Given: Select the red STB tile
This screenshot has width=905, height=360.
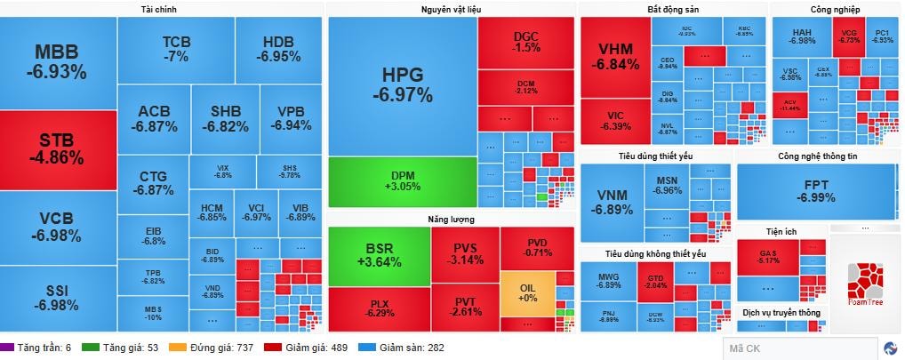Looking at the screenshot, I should [59, 148].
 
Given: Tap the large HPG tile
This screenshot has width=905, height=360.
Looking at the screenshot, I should [402, 84].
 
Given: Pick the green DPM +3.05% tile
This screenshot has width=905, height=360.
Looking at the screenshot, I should [402, 180].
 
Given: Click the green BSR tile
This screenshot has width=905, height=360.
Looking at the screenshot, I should [378, 254].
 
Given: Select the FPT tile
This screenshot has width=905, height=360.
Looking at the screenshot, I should [815, 190].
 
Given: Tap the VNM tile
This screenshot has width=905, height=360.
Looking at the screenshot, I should [614, 202].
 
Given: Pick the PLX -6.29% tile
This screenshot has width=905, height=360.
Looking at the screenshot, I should [378, 308].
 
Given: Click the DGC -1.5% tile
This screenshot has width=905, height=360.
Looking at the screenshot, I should [525, 41].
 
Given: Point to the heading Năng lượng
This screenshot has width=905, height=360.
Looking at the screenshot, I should [451, 218].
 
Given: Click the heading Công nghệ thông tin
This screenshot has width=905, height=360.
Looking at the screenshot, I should [817, 156].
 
